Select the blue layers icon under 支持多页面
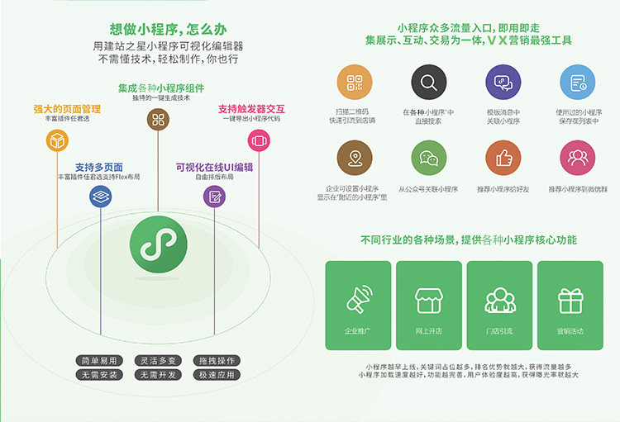pyautogui.click(x=101, y=196)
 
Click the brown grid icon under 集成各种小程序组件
pyautogui.click(x=158, y=120)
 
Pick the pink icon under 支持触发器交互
pyautogui.click(x=259, y=141)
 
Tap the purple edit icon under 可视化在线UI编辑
pyautogui.click(x=215, y=196)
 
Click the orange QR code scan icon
pyautogui.click(x=355, y=83)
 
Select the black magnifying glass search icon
pyautogui.click(x=429, y=83)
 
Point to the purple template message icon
pyautogui.click(x=503, y=83)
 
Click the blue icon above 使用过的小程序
pyautogui.click(x=577, y=83)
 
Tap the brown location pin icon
pyautogui.click(x=355, y=157)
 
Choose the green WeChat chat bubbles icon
pyautogui.click(x=429, y=157)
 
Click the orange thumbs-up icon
pyautogui.click(x=503, y=157)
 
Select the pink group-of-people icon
pyautogui.click(x=577, y=157)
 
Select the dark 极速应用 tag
pyautogui.click(x=217, y=375)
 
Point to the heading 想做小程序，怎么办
pyautogui.click(x=158, y=28)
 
